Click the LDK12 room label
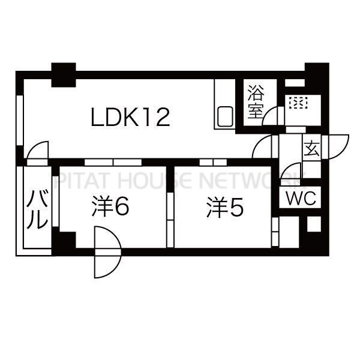(130, 117)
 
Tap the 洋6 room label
(110, 206)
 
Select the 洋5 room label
(224, 208)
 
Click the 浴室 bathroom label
(256, 101)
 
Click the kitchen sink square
(225, 116)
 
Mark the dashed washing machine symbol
(298, 103)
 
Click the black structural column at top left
(64, 75)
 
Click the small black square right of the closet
(314, 224)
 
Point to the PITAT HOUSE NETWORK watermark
(179, 179)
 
